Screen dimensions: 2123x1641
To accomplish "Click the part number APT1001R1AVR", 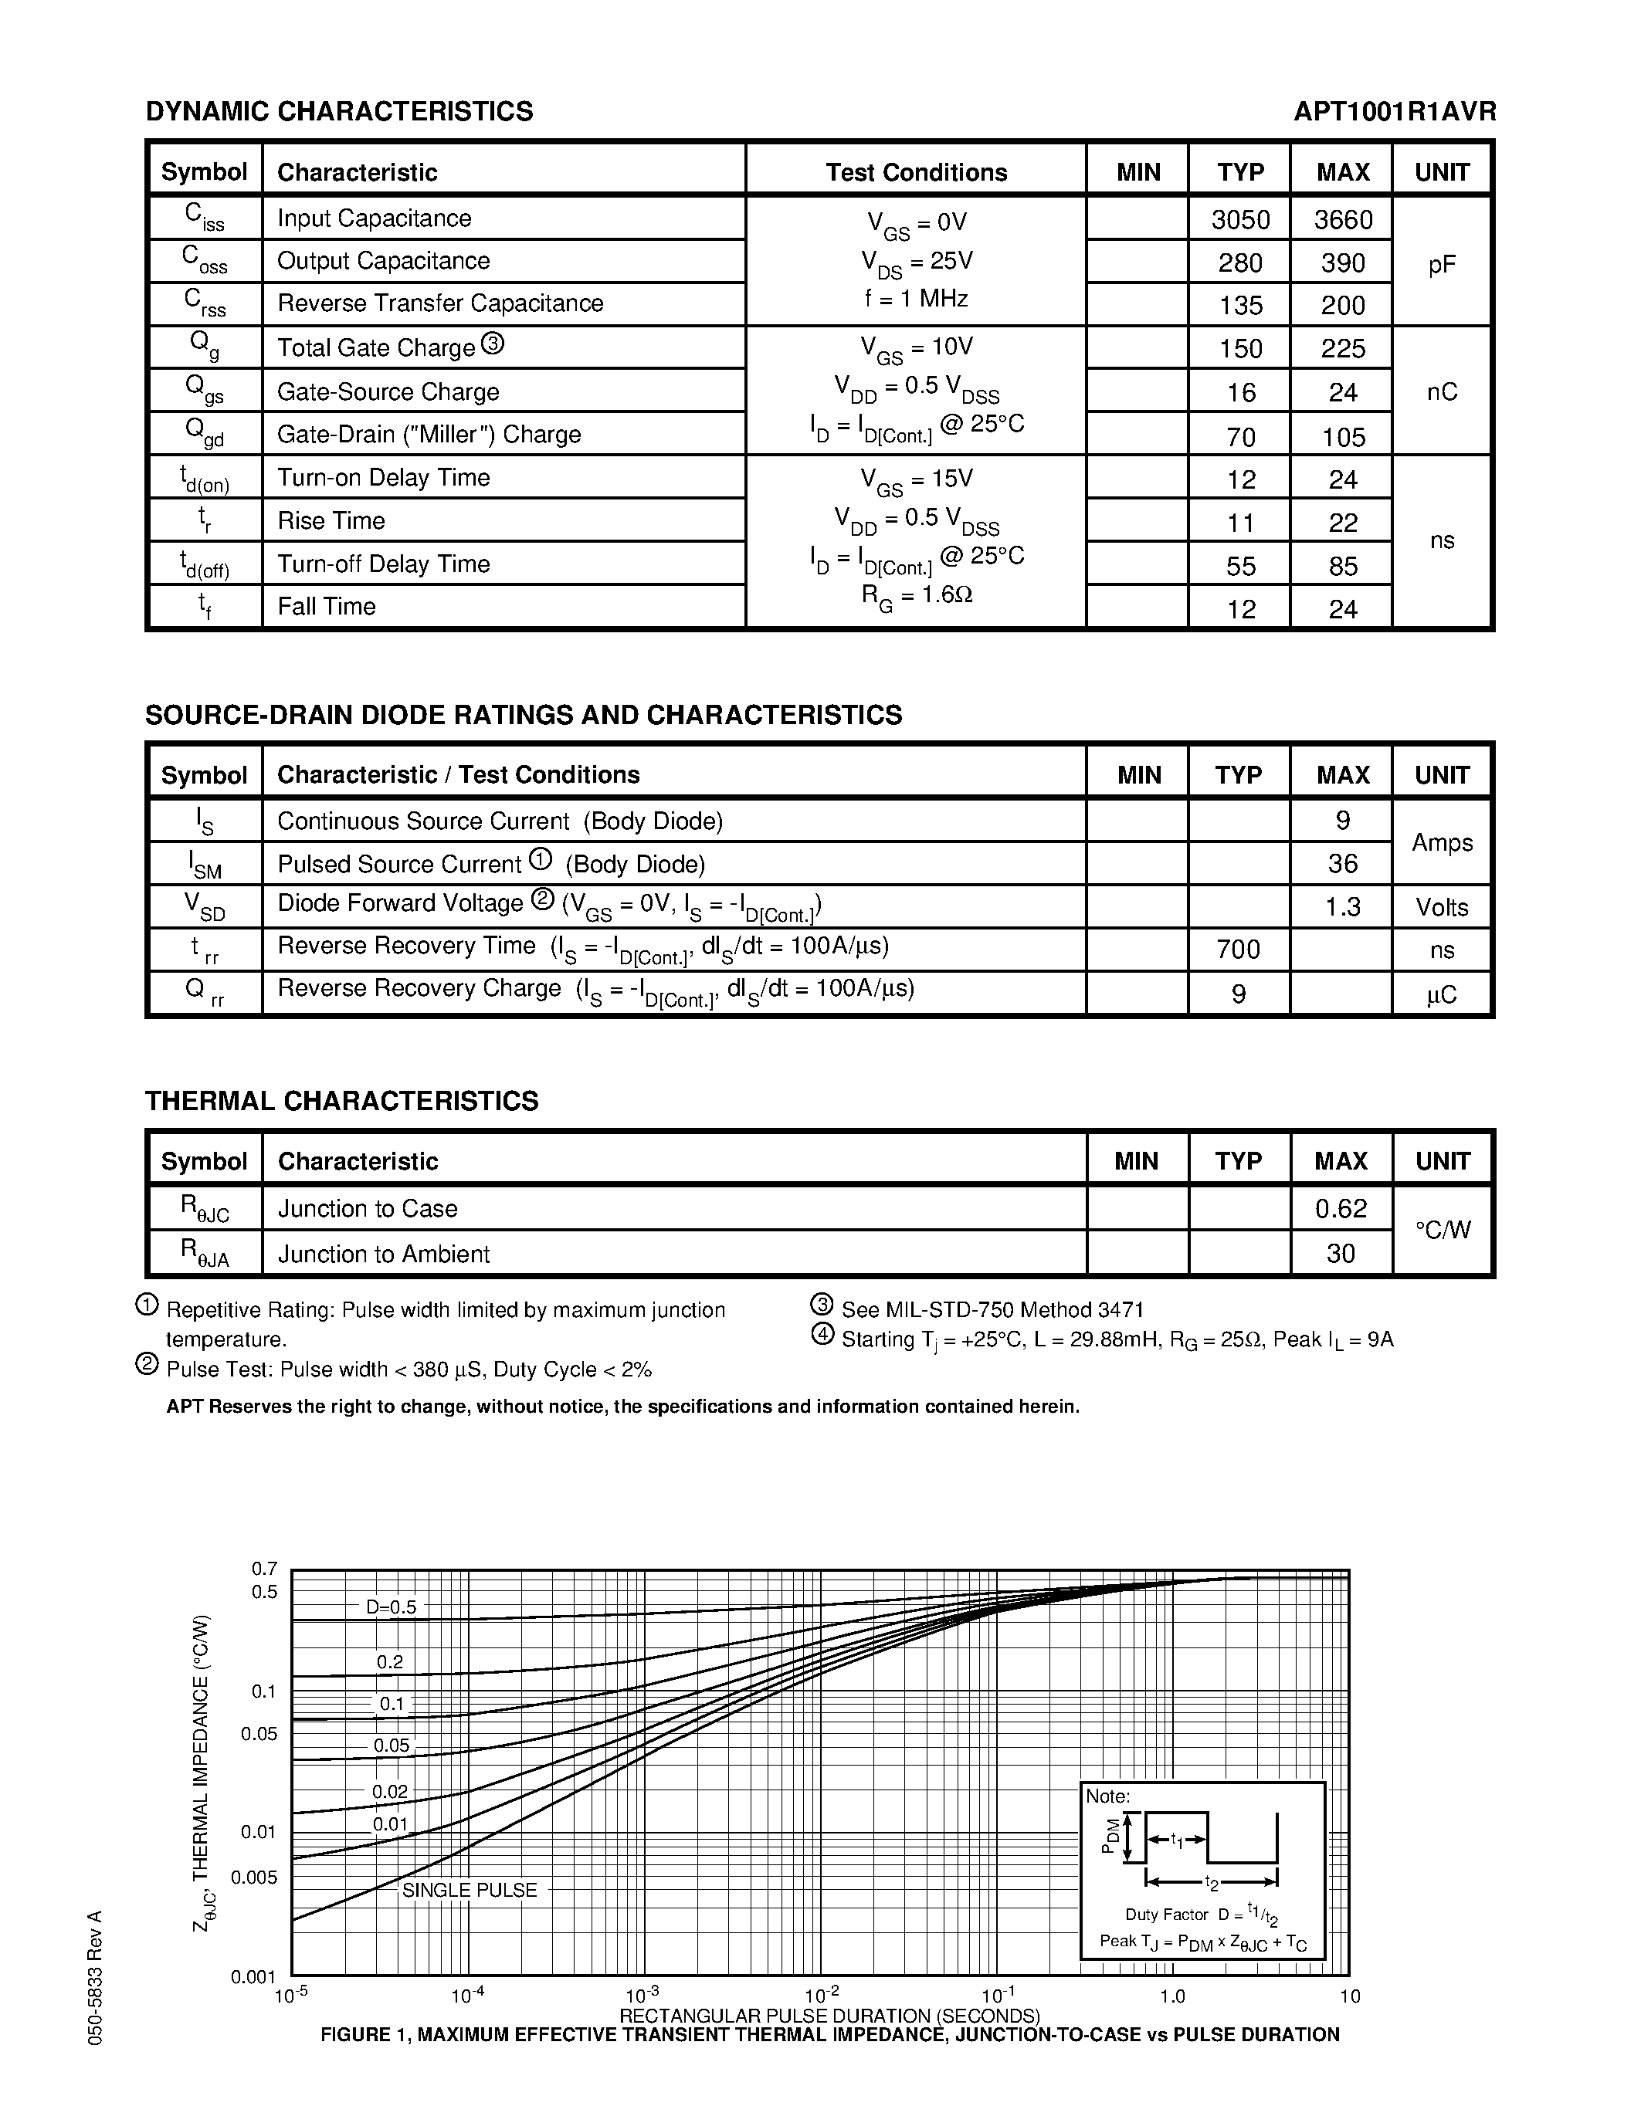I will click(x=1394, y=112).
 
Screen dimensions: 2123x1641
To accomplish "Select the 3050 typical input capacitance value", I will click(x=1240, y=220).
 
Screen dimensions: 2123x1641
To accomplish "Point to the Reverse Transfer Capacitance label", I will click(x=440, y=303).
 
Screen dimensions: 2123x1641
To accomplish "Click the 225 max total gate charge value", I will click(x=1343, y=348).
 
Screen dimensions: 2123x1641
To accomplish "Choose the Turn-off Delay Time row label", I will click(x=383, y=564).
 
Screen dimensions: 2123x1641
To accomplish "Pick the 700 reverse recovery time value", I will click(x=1239, y=949).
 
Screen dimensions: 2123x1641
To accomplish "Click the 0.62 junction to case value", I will click(x=1341, y=1208).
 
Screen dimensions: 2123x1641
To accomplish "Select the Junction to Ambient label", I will click(x=384, y=1254).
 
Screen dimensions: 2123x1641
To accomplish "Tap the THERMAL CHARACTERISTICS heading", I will click(x=341, y=1100).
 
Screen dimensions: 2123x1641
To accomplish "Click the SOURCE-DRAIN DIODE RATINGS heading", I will click(x=523, y=714).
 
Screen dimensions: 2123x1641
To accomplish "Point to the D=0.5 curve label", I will click(x=391, y=1607).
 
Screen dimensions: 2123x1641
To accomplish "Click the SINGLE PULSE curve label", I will click(x=470, y=1890).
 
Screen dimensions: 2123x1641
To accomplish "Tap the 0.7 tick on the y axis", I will click(x=264, y=1568).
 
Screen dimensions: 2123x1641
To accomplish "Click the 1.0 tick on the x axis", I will click(x=1172, y=1996).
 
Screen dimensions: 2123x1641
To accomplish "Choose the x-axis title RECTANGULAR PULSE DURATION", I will click(x=829, y=2015).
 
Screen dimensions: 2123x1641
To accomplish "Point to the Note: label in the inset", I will click(x=1107, y=1796).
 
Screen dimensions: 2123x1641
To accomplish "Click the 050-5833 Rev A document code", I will click(x=94, y=1977).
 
